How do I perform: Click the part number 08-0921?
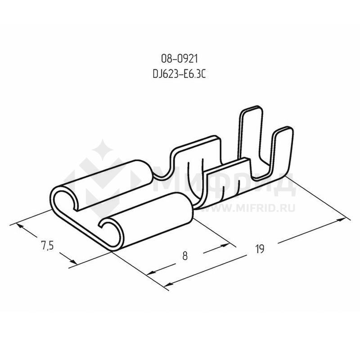click(179, 59)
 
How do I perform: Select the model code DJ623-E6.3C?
click(179, 74)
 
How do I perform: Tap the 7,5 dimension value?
click(47, 245)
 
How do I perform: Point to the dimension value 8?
click(185, 256)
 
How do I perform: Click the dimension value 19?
click(260, 249)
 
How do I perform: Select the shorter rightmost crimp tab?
click(283, 152)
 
